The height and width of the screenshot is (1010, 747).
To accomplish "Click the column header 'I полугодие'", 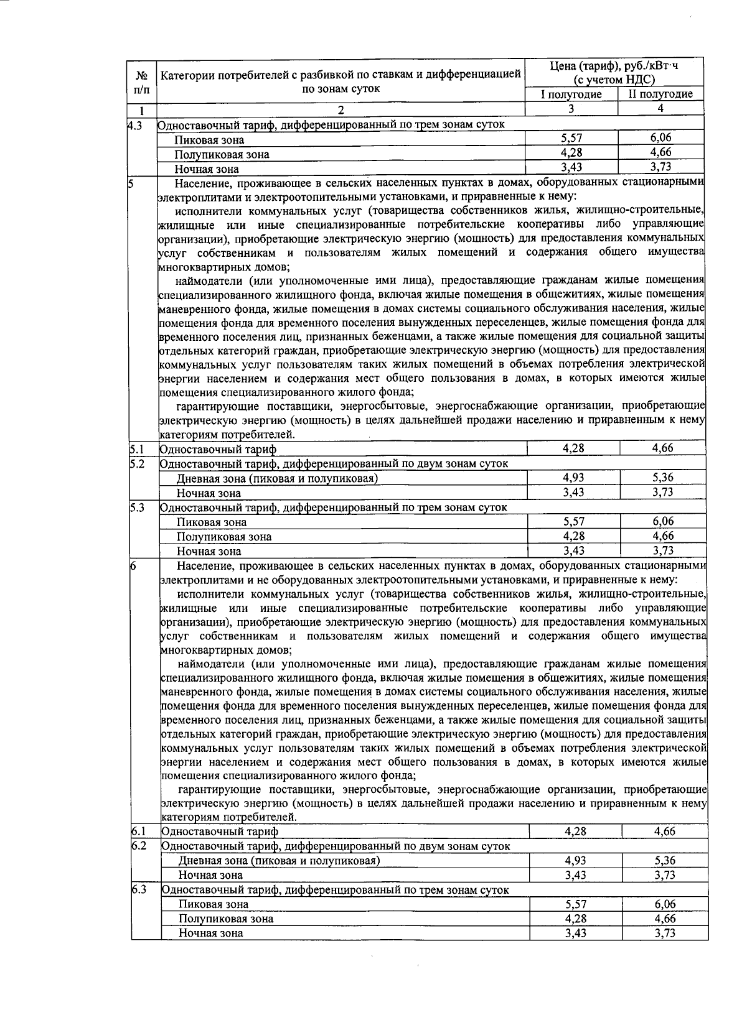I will click(x=571, y=95).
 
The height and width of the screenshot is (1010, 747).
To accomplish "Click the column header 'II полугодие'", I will click(x=660, y=95).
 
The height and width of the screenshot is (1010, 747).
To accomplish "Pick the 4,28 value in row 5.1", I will click(x=573, y=448).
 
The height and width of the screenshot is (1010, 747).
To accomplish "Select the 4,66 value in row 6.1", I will click(x=664, y=831).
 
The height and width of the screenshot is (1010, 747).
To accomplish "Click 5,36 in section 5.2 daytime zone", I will click(x=663, y=478).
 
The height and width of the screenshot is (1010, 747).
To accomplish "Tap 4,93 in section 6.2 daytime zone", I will click(x=576, y=861).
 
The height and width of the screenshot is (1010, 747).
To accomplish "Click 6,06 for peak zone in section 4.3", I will click(x=660, y=138).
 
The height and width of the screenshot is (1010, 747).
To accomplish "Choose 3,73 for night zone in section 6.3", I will click(x=664, y=932).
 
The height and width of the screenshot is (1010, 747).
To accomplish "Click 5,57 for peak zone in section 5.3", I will click(x=573, y=521).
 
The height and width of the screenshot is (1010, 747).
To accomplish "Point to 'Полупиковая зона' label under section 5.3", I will click(x=223, y=537).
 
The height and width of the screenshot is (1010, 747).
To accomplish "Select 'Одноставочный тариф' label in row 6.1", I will click(x=219, y=832).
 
